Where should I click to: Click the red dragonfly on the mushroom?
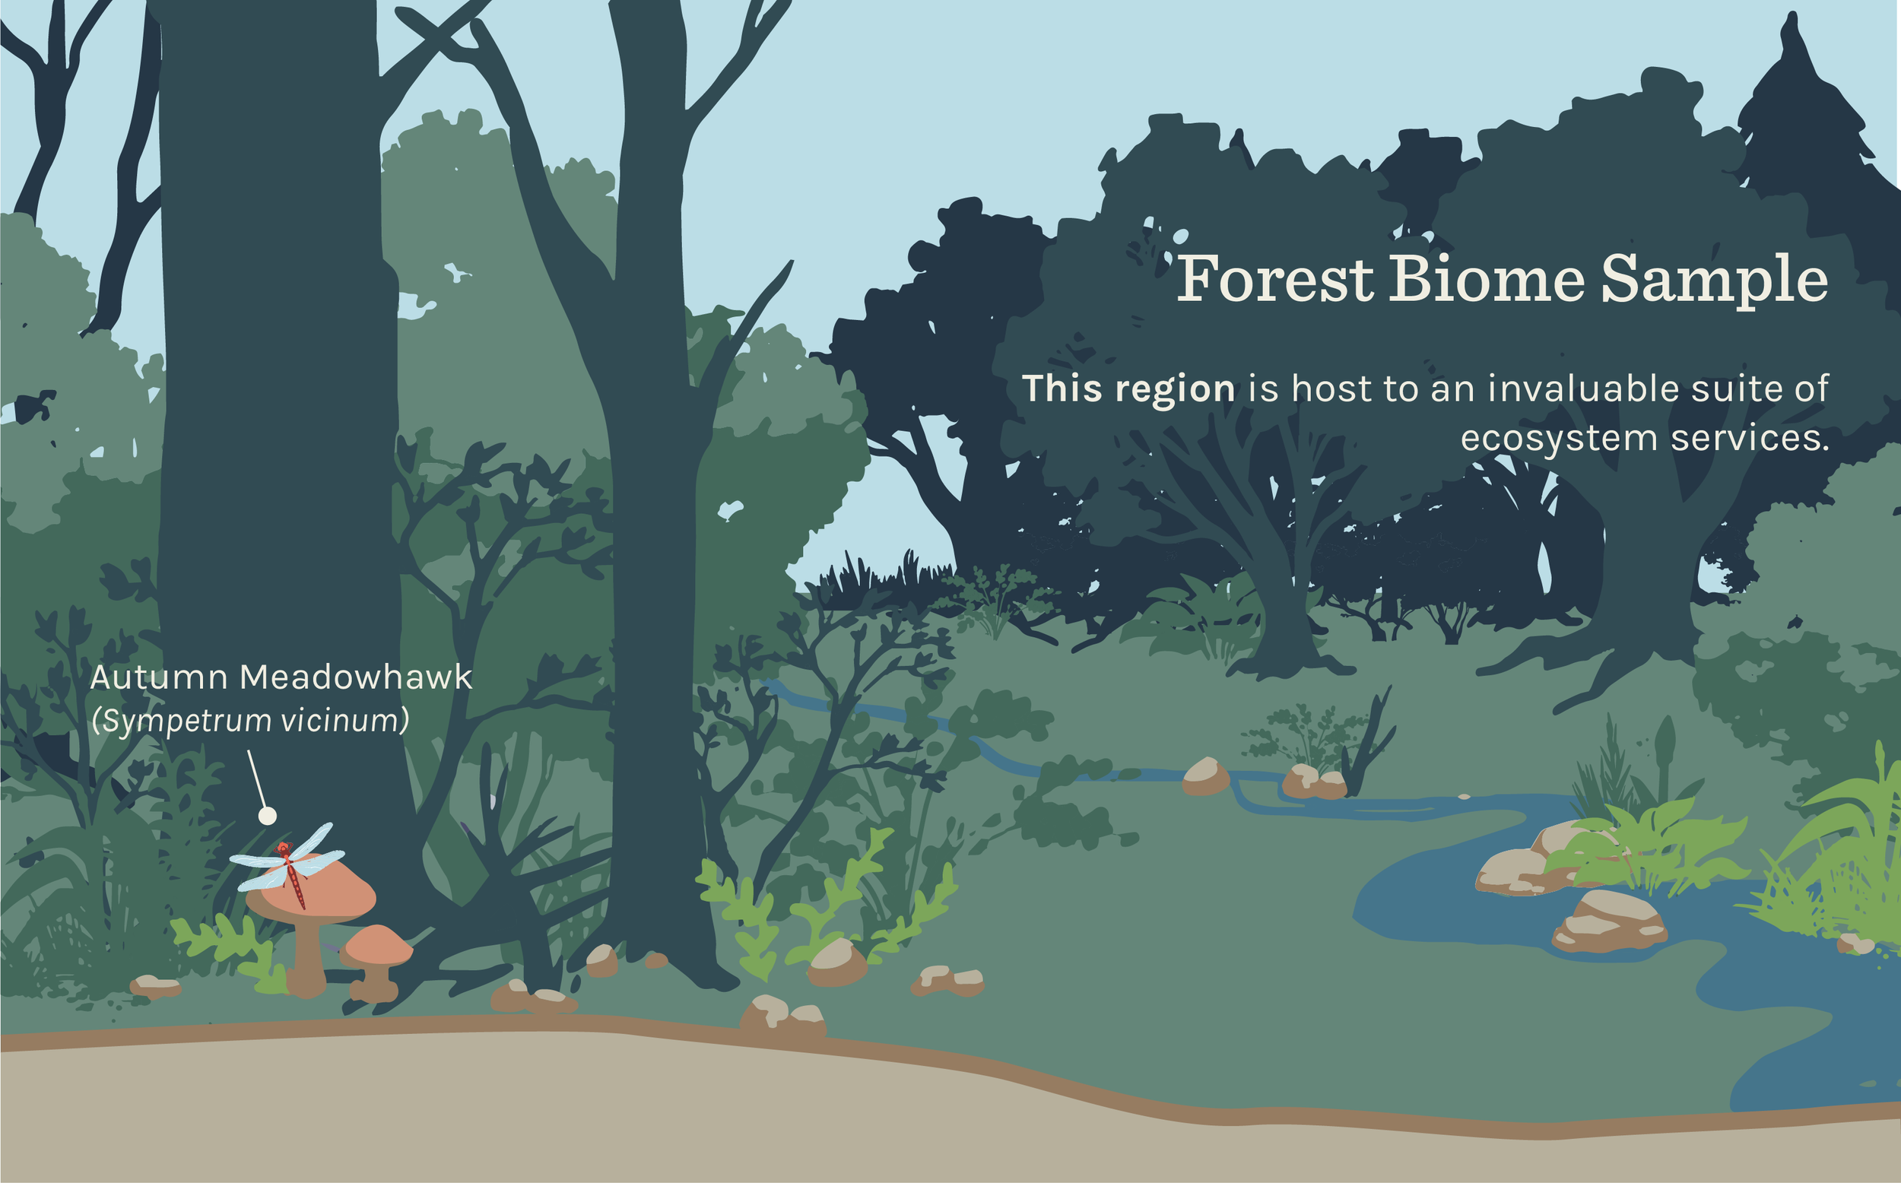[x=292, y=872]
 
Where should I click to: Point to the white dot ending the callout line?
[x=268, y=816]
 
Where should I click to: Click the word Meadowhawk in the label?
[x=356, y=677]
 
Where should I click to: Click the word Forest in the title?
[x=1276, y=278]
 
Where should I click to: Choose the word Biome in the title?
[x=1487, y=278]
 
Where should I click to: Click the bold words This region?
[x=1129, y=389]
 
